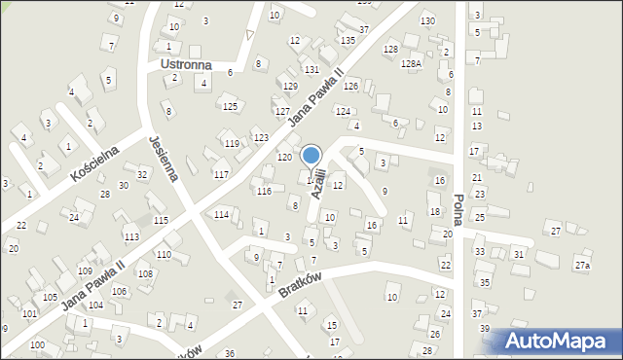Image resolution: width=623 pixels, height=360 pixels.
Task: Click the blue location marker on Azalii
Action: click(311, 157)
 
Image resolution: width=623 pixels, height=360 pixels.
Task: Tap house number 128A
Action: click(411, 63)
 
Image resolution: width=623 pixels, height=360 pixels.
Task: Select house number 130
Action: click(427, 21)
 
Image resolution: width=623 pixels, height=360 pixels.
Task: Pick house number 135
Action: click(348, 40)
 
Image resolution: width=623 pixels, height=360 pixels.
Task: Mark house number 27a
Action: click(581, 266)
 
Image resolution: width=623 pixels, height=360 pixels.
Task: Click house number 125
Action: click(230, 106)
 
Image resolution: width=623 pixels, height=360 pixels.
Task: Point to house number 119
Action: click(232, 143)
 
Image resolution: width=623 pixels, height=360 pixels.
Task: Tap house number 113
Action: click(131, 237)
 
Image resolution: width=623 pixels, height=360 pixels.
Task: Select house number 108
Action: click(144, 274)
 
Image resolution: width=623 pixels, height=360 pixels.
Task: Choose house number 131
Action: click(311, 70)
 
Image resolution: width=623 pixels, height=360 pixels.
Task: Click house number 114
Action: click(221, 214)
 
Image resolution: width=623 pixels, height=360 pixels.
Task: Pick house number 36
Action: click(230, 353)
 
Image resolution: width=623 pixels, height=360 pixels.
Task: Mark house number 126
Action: click(350, 87)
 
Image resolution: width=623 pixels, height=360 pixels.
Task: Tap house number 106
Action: click(119, 292)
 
